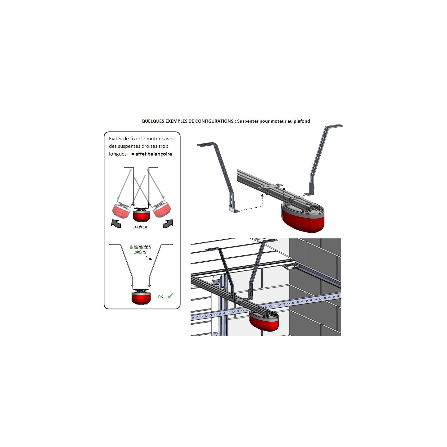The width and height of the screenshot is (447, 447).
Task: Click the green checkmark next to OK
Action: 170,296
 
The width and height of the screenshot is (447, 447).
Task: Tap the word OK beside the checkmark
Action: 160,297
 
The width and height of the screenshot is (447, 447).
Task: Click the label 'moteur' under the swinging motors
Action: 140,227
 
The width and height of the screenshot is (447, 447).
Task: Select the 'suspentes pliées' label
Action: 140,249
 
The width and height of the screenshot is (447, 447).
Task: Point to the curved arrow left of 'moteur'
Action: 116,223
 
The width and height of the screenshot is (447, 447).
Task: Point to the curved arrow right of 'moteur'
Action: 168,223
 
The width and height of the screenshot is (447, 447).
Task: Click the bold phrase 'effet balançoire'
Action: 154,154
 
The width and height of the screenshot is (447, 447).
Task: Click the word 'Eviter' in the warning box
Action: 115,139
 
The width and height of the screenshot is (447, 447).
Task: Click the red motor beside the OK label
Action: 141,298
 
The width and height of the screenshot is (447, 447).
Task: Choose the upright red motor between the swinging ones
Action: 141,215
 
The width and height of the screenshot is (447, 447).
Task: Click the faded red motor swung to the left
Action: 121,210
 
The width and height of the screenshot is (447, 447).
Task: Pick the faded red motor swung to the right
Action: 162,210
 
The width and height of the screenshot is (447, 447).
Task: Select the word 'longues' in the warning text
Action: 118,154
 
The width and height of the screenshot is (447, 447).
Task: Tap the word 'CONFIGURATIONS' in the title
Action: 214,121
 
